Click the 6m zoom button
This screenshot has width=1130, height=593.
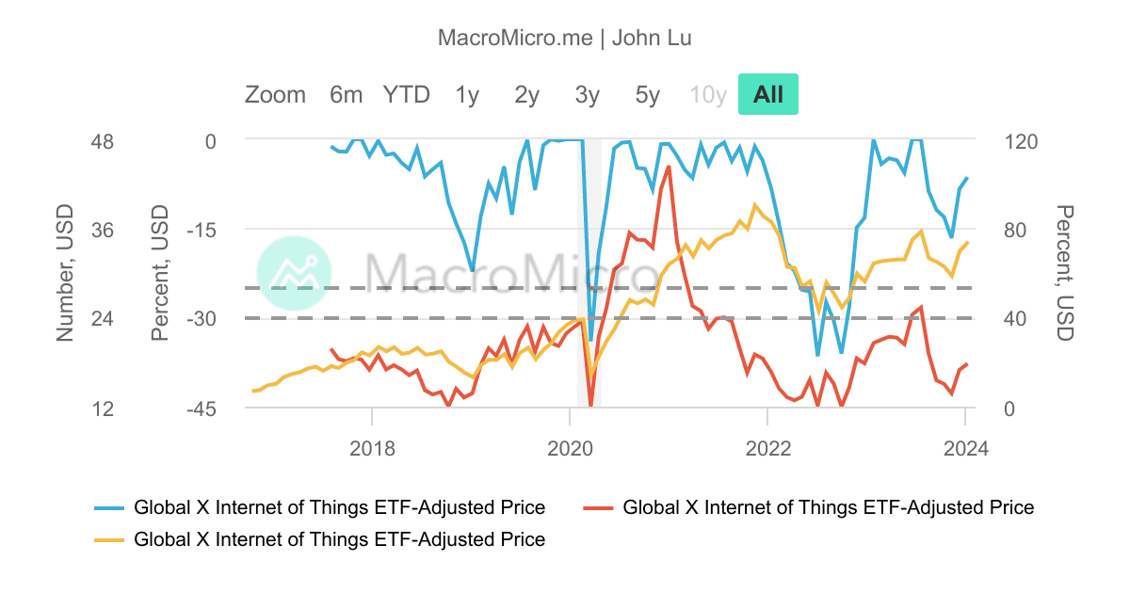tap(346, 95)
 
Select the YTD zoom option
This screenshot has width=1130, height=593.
tap(406, 95)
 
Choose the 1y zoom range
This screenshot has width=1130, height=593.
tap(467, 95)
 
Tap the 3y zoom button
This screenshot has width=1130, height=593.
tap(588, 95)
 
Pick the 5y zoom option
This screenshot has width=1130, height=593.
tap(648, 95)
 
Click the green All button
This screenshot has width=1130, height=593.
tap(767, 95)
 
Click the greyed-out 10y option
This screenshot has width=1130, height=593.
tap(708, 95)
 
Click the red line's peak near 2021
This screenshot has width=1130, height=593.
tap(669, 167)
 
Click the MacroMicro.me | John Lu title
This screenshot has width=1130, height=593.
tap(565, 38)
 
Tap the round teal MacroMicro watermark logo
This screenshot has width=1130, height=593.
tap(295, 273)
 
